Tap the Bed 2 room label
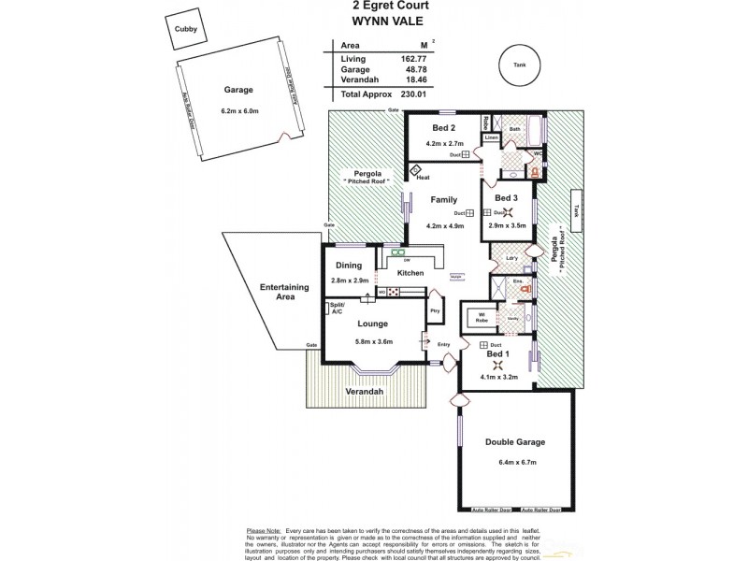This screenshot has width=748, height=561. tap(444, 127)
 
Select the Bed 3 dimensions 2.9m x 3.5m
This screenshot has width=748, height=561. tap(506, 225)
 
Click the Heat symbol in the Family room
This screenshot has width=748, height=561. tap(416, 171)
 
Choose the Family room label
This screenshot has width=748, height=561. tap(443, 200)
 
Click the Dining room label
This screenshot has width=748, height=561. tap(350, 266)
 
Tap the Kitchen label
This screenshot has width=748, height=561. tap(410, 273)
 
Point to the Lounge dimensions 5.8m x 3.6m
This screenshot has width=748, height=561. tap(372, 341)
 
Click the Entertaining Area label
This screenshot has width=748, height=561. tap(272, 289)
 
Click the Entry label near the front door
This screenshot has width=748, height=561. tap(444, 345)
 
